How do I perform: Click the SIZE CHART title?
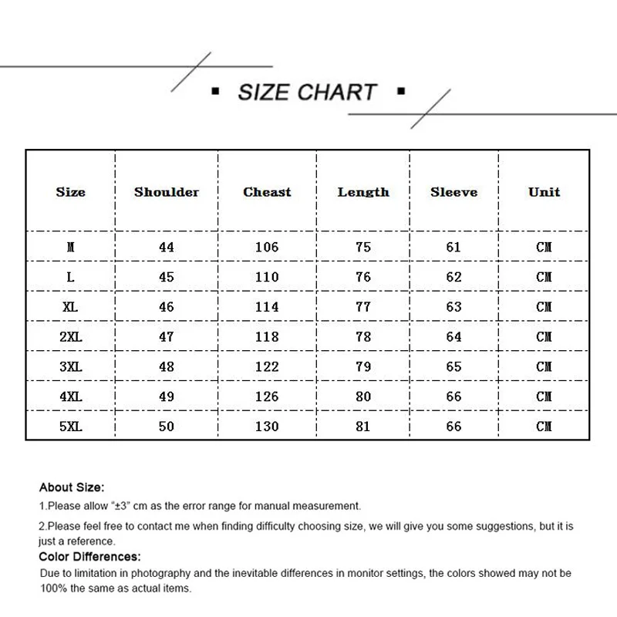pos(307,93)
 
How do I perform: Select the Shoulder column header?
pos(167,192)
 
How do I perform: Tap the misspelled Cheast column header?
pos(267,192)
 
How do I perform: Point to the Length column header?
pos(363,192)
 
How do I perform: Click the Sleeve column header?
pos(453,192)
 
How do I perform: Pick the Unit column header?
pos(544,192)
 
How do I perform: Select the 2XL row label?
pos(71,337)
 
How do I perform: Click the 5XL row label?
pos(71,427)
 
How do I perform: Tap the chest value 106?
pos(267,248)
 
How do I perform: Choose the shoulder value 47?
pos(167,337)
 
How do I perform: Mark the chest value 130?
pos(267,427)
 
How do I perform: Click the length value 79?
pos(363,367)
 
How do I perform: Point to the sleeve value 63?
pos(453,307)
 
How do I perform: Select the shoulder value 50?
pos(167,427)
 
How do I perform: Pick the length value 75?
pos(363,248)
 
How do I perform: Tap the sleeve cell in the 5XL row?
pos(453,427)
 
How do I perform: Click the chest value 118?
pos(267,337)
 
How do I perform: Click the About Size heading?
pos(71,487)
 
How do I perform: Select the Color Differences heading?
pos(89,556)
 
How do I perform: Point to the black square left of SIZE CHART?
pos(216,93)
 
